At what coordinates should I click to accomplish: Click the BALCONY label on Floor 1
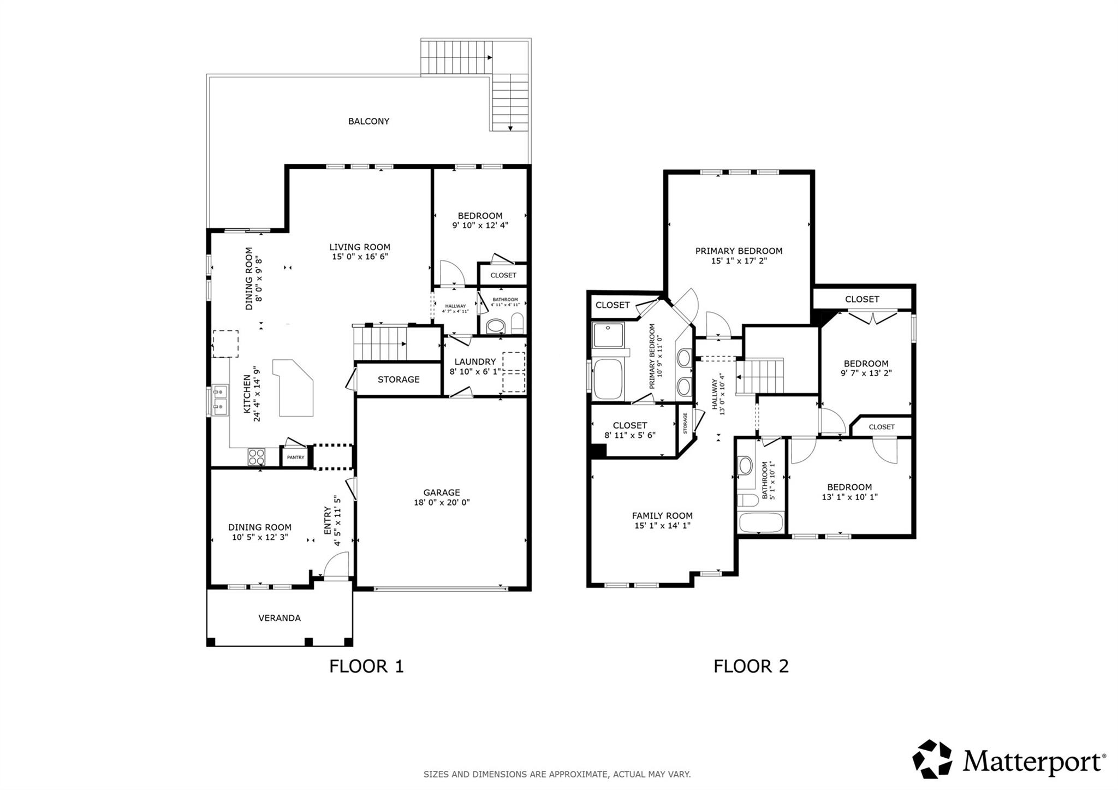368,121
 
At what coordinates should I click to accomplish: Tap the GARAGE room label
442,492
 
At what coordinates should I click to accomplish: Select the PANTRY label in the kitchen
295,458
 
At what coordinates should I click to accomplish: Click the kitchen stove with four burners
256,456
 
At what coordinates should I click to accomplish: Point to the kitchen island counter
295,388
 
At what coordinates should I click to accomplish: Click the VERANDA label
279,618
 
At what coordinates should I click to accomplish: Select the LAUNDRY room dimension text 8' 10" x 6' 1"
475,372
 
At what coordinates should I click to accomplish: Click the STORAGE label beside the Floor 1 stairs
399,379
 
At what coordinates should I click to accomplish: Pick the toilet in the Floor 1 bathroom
518,323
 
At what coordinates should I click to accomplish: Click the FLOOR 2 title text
751,666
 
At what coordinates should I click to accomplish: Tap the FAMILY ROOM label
662,515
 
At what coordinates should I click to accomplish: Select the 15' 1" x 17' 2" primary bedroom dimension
739,261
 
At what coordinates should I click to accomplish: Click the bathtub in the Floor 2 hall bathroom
761,522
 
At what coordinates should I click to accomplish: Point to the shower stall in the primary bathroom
608,335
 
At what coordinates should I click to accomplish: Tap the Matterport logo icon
932,759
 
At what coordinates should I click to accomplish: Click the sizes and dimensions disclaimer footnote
557,774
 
